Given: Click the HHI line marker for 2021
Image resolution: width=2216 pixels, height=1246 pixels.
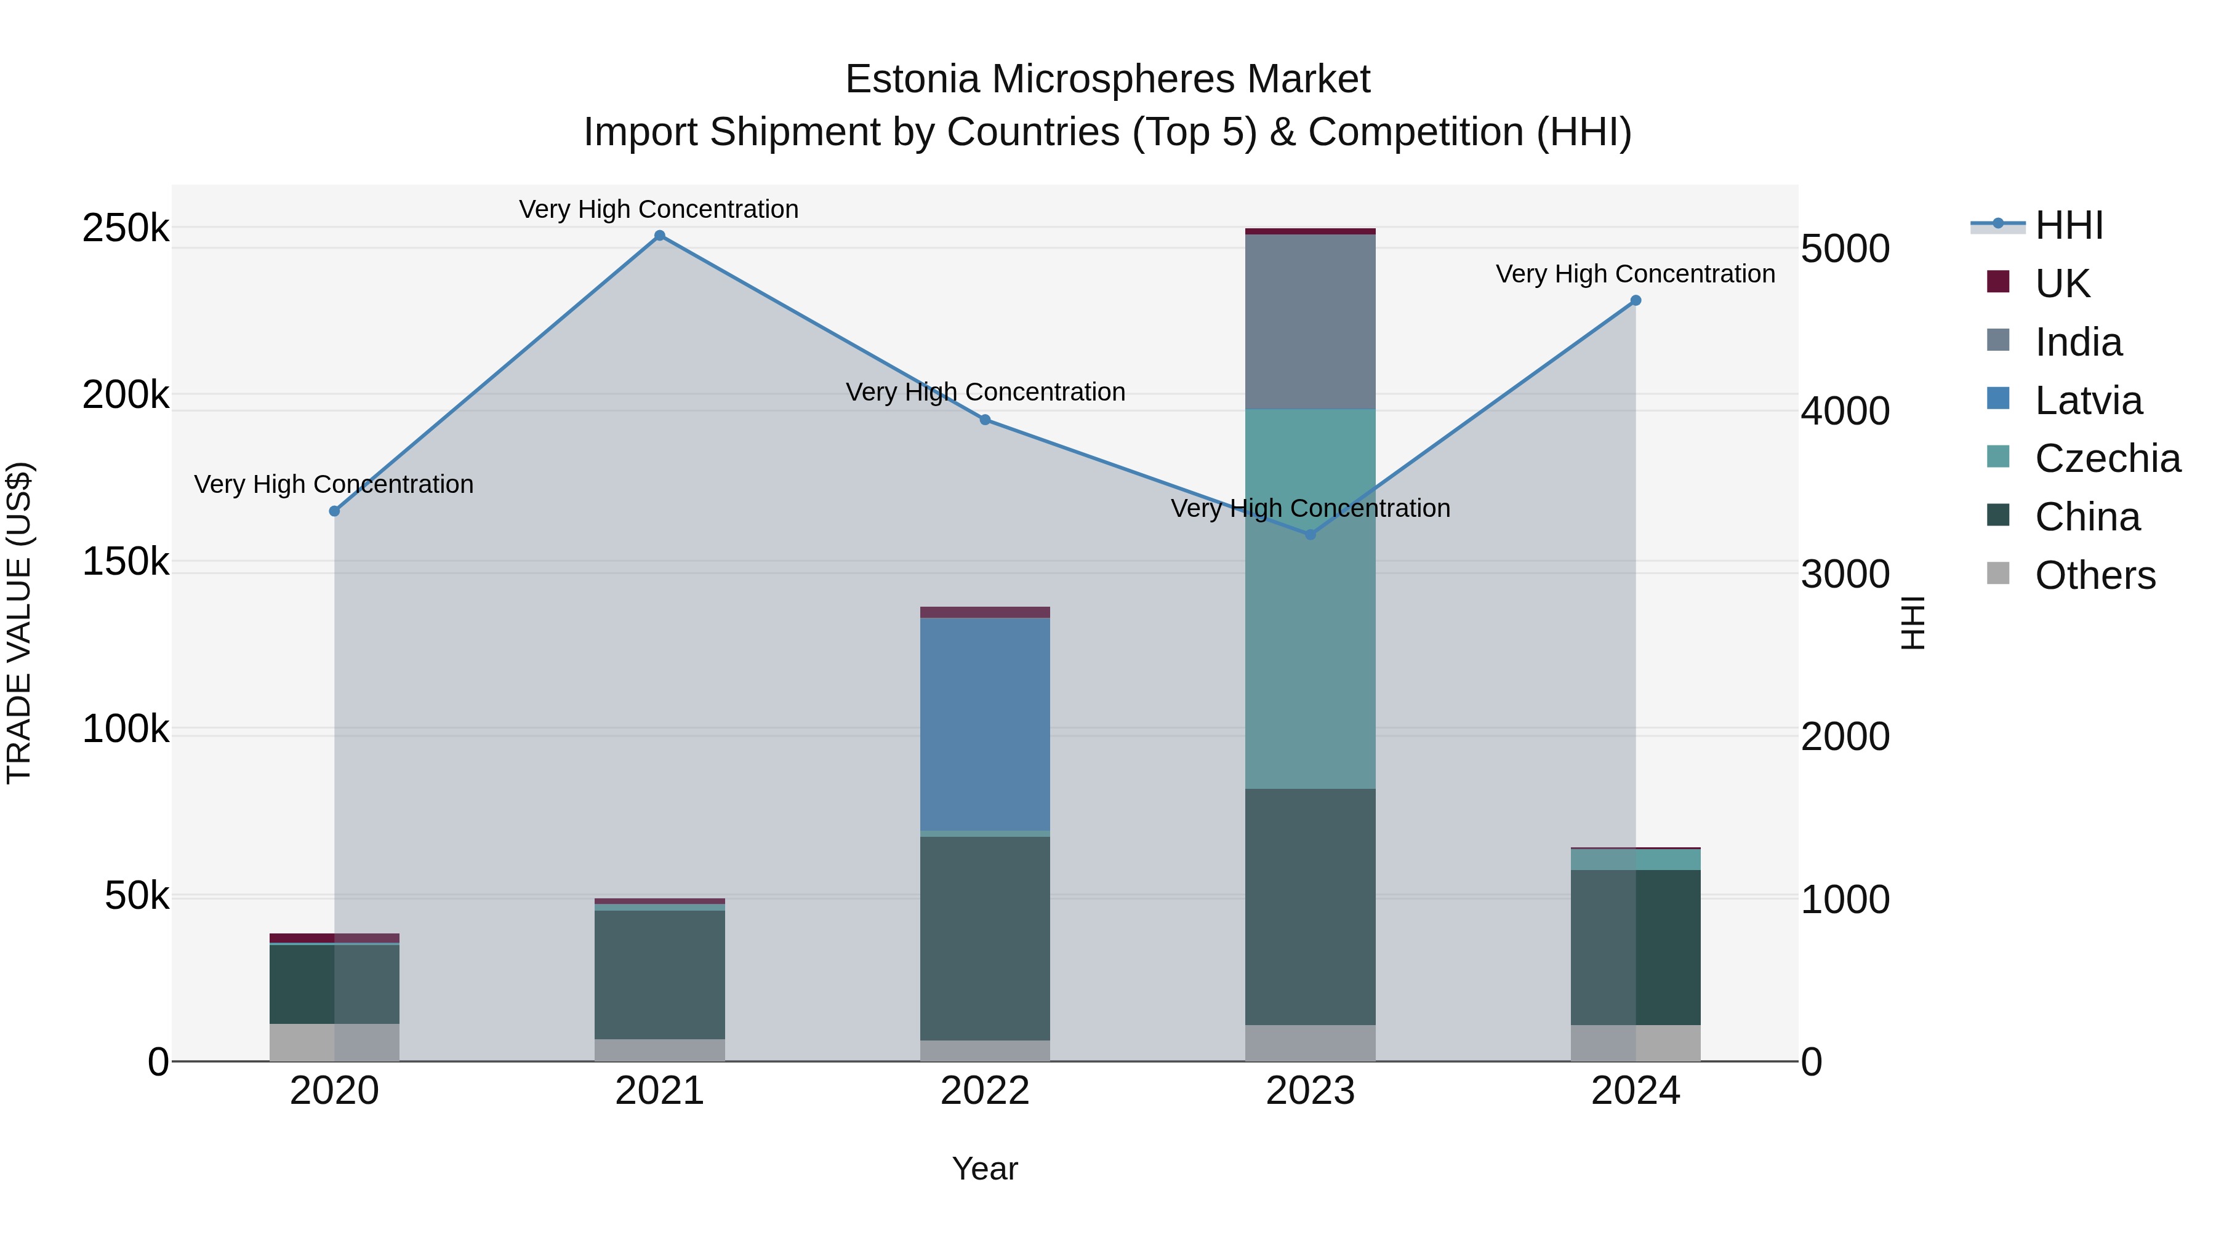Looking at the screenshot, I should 660,236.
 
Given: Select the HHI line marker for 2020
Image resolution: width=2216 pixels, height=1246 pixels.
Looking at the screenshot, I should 335,511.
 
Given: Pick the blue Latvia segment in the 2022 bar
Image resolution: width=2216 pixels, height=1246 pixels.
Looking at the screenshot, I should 985,724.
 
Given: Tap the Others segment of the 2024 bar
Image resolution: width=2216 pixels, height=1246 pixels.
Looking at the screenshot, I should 1636,1042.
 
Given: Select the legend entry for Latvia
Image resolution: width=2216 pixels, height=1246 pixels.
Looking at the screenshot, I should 2088,401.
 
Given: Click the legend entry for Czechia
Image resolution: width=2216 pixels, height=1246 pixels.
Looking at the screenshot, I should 2107,458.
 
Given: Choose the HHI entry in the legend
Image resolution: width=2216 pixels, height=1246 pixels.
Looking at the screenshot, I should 2069,225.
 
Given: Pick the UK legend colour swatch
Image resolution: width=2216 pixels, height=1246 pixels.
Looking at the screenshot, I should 1997,282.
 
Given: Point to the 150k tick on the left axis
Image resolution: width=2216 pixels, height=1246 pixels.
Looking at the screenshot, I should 126,562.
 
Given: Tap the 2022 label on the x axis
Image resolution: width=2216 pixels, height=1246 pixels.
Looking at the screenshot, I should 985,1091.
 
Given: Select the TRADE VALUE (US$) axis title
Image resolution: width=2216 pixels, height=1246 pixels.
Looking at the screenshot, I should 19,623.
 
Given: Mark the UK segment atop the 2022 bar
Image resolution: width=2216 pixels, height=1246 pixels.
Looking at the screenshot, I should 985,612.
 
